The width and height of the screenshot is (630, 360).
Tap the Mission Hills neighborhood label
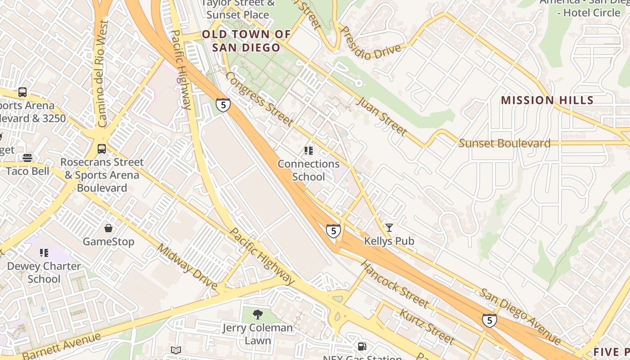click(x=547, y=100)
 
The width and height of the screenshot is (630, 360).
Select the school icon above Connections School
click(x=308, y=150)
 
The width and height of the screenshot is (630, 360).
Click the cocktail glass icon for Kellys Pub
click(x=389, y=228)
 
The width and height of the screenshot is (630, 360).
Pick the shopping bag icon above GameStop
click(x=108, y=229)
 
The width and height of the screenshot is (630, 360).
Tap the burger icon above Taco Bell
click(x=27, y=158)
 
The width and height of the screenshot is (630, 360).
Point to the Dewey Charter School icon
click(x=44, y=253)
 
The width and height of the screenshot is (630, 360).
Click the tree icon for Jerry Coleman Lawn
click(x=257, y=314)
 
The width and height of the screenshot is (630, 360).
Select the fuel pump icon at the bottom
click(x=362, y=346)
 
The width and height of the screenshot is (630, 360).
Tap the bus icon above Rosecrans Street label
click(x=102, y=148)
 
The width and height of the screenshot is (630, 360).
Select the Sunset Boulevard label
click(x=504, y=144)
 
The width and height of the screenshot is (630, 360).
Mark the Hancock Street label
click(x=394, y=284)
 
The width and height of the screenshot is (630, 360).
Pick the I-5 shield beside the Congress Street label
click(x=223, y=105)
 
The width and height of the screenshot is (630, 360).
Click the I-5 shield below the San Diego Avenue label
click(x=489, y=320)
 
